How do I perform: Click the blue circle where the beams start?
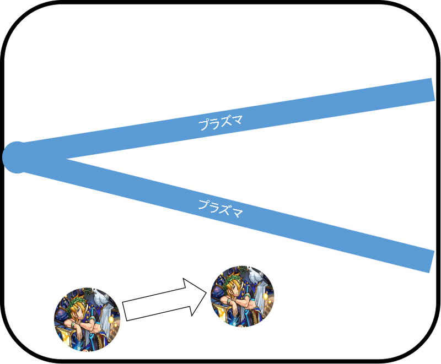coord(17,157)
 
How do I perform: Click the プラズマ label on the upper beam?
coord(220,123)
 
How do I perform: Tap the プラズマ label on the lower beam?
coord(220,209)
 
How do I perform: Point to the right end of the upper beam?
coord(433,90)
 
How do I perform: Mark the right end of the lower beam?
coord(432,261)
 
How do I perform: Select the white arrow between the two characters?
coord(164,300)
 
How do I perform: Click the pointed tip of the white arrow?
coord(206,292)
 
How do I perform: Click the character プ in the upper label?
coord(203,125)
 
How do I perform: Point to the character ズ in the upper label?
coord(226,122)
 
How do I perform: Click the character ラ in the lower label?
coord(215,207)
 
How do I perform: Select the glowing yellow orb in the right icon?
coord(266,297)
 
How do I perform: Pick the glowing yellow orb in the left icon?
coord(112,319)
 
